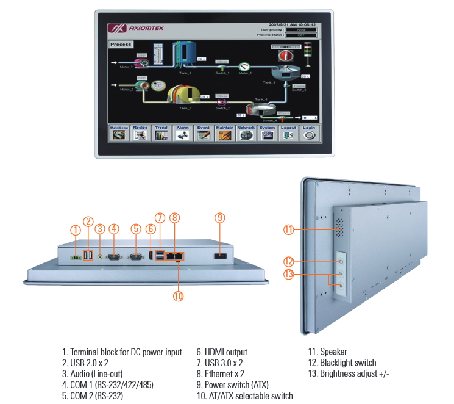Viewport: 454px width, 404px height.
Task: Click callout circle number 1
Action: coord(75,230)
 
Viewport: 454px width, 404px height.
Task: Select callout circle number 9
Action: coord(220,217)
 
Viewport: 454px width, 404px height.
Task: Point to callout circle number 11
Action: coord(289,229)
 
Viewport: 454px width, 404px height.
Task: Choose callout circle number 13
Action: coord(289,274)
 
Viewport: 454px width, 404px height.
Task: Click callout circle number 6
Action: coord(150,229)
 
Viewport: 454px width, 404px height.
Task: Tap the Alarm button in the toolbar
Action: coord(182,132)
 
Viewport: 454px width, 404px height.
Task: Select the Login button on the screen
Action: coord(308,132)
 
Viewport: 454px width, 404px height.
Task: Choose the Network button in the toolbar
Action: coord(246,132)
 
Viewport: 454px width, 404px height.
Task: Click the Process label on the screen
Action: coord(121,45)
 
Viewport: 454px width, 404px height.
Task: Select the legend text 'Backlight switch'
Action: coord(347,363)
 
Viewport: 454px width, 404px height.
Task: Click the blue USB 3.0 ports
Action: coord(160,255)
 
